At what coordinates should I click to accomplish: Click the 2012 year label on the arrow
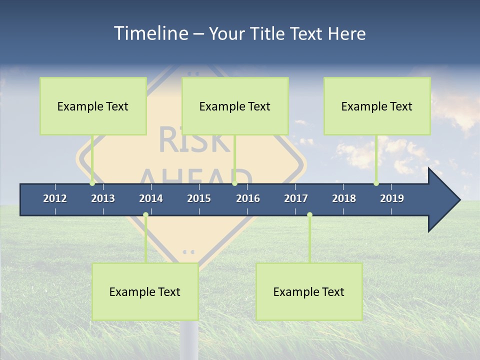pos(55,198)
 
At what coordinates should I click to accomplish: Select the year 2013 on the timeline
pos(103,198)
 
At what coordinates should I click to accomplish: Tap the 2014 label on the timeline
pos(151,198)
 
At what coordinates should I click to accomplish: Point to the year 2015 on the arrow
pos(199,198)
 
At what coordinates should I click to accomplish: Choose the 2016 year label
pos(248,198)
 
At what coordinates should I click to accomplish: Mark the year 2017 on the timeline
pos(296,198)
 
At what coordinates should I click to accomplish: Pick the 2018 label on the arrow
pos(344,198)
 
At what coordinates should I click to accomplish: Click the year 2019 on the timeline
pos(392,198)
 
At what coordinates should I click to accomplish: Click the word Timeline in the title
pos(150,33)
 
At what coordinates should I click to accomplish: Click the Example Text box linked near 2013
pos(93,106)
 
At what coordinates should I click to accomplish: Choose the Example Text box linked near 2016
pos(235,106)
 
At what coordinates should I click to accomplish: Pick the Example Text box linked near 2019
pos(377,106)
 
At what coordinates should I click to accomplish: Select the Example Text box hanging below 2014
pos(145,291)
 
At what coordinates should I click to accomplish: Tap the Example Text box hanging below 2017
pos(309,291)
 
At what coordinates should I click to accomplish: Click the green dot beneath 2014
pos(145,215)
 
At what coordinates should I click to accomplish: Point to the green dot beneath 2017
pos(309,215)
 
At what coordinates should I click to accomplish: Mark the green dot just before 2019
pos(376,183)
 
